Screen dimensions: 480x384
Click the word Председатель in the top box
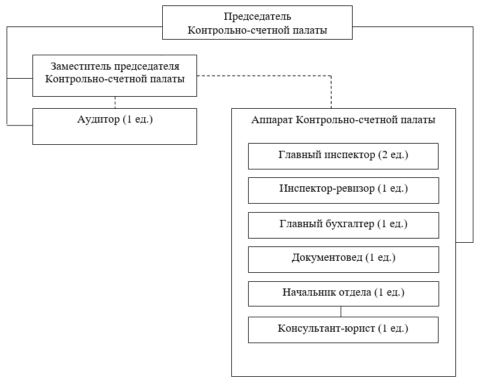click(257, 16)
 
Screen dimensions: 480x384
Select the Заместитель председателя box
click(115, 76)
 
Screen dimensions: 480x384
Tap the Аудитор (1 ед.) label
click(115, 119)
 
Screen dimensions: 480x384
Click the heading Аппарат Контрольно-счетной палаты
click(343, 120)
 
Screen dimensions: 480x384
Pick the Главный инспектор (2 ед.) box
click(343, 156)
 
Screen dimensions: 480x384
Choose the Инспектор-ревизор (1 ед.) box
click(344, 190)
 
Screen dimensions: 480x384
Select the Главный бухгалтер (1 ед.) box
click(344, 225)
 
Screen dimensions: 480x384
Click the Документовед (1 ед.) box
click(344, 260)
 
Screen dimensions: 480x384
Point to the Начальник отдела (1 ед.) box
click(344, 294)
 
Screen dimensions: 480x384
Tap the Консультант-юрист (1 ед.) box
click(343, 330)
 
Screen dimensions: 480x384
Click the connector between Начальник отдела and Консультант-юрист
click(341, 312)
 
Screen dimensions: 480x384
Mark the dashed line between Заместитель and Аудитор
click(115, 103)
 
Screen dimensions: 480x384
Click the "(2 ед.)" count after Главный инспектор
click(393, 154)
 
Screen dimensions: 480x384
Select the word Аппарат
click(272, 120)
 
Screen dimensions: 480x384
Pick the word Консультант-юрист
click(326, 328)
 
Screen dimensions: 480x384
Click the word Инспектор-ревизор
click(327, 188)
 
